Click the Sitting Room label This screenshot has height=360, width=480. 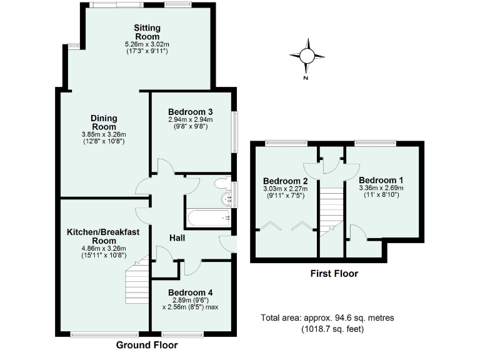pos(147,32)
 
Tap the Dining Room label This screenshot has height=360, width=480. pos(104,122)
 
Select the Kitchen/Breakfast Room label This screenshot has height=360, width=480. pos(104,236)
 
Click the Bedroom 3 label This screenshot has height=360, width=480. pos(191,112)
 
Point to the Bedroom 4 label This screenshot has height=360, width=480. pos(191,292)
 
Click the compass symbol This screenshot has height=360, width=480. pos(307,56)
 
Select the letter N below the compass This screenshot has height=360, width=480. pos(306,78)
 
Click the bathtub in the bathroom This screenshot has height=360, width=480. pos(208,217)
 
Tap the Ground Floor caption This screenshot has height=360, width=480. pos(147,345)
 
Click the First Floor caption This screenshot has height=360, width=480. pos(334,274)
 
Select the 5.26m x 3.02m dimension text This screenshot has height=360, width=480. pos(147,44)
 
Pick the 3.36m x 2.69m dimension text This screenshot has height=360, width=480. pos(381,187)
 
